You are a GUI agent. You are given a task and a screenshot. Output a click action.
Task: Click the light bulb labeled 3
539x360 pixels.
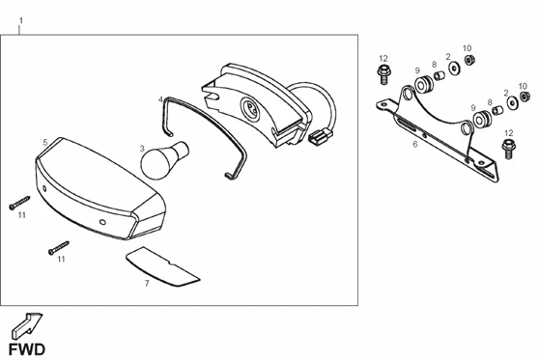click(163, 160)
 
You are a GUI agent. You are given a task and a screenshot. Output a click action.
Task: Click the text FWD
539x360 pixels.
click(27, 349)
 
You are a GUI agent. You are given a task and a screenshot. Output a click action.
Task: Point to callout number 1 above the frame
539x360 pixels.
click(21, 20)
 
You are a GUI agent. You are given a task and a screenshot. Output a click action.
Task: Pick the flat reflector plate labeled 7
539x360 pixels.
click(162, 266)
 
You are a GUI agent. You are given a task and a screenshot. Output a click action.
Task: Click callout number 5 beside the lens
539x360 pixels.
click(45, 142)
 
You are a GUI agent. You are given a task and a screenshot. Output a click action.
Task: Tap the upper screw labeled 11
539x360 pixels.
click(19, 203)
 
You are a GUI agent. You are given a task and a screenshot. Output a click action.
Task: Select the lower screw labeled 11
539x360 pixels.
click(58, 248)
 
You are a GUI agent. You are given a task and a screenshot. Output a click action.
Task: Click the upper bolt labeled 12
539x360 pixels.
click(383, 74)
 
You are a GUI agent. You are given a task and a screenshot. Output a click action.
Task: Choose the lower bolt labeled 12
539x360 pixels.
click(509, 149)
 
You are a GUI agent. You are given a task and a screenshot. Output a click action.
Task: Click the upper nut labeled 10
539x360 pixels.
click(469, 60)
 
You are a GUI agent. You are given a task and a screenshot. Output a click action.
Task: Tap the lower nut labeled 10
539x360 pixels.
click(525, 97)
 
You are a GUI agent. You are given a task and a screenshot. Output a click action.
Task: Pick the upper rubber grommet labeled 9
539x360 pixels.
click(424, 84)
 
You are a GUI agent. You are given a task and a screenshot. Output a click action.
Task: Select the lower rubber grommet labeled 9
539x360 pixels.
click(482, 120)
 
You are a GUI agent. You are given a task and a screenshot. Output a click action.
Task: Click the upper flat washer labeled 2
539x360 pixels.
click(455, 68)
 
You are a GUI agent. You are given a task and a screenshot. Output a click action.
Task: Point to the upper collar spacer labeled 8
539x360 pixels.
click(440, 75)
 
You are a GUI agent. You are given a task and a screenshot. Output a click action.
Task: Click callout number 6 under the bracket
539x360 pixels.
click(415, 144)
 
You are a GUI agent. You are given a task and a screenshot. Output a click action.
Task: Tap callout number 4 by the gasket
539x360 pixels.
click(160, 99)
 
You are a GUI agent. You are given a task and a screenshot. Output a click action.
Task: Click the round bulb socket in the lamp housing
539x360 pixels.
click(249, 108)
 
